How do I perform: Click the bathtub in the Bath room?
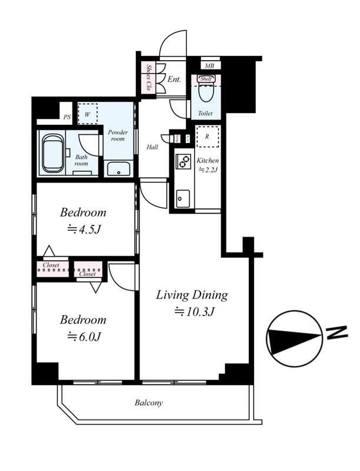pyautogui.click(x=53, y=153)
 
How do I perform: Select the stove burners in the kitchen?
pyautogui.click(x=183, y=161)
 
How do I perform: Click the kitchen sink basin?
pyautogui.click(x=183, y=198)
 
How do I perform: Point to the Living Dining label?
pyautogui.click(x=192, y=295)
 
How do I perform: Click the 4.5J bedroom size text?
pyautogui.click(x=84, y=230)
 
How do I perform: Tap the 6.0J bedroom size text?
pyautogui.click(x=84, y=337)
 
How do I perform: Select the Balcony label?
pyautogui.click(x=148, y=403)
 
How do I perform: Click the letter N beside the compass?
pyautogui.click(x=336, y=333)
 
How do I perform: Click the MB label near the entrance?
pyautogui.click(x=209, y=65)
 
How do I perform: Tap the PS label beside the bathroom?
pyautogui.click(x=67, y=117)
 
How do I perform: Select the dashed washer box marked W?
pyautogui.click(x=87, y=114)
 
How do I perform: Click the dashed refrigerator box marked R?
pyautogui.click(x=207, y=137)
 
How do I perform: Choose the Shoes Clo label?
pyautogui.click(x=148, y=78)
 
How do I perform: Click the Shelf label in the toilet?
pyautogui.click(x=206, y=79)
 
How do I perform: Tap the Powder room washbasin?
pyautogui.click(x=118, y=169)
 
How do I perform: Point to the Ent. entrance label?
pyautogui.click(x=174, y=79)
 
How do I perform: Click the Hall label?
pyautogui.click(x=152, y=147)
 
